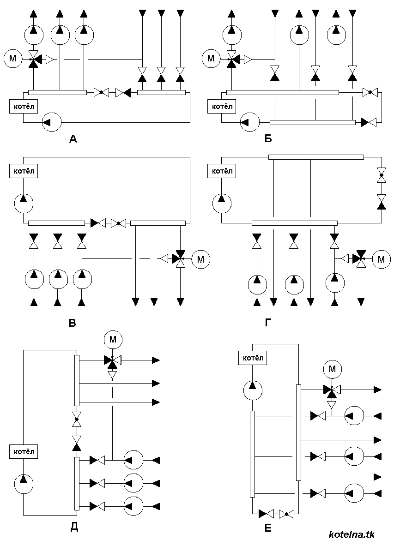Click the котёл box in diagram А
point(24,106)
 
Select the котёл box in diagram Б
point(222,106)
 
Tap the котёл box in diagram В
point(24,171)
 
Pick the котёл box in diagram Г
point(222,171)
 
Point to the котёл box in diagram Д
point(24,451)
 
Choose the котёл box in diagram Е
point(253,358)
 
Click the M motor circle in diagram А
point(12,59)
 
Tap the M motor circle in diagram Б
point(211,59)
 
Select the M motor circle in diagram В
point(200,259)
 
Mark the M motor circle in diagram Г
point(382,259)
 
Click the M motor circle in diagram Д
point(113,339)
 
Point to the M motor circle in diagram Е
point(333,369)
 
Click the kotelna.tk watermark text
point(351,534)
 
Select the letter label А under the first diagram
point(73,139)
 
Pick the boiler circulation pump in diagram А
point(52,122)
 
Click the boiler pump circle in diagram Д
point(24,484)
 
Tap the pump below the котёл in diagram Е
point(253,390)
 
